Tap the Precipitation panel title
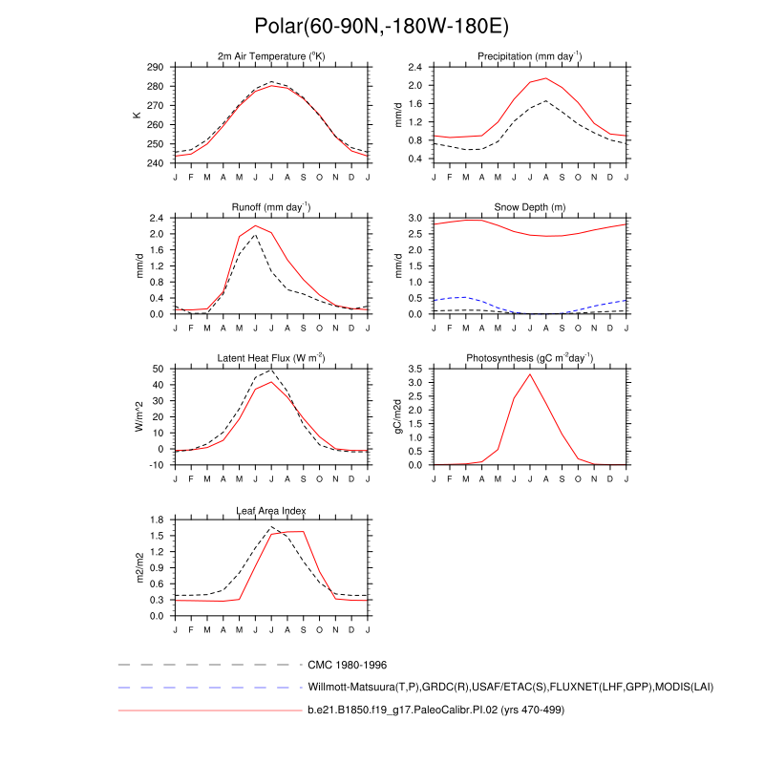pyautogui.click(x=530, y=57)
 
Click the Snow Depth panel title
pyautogui.click(x=530, y=207)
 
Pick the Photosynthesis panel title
pyautogui.click(x=530, y=358)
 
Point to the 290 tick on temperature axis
pyautogui.click(x=155, y=68)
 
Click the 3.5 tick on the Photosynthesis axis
pyautogui.click(x=414, y=369)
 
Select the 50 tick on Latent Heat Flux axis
pyautogui.click(x=158, y=369)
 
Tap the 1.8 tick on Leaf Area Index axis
pyautogui.click(x=156, y=520)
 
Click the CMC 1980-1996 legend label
pyautogui.click(x=347, y=664)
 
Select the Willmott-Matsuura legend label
pyautogui.click(x=511, y=687)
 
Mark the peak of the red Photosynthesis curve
pyautogui.click(x=530, y=374)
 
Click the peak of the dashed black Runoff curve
pyautogui.click(x=255, y=235)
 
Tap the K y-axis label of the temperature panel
pyautogui.click(x=138, y=115)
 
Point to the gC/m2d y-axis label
pyautogui.click(x=396, y=416)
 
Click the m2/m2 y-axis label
pyautogui.click(x=138, y=567)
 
